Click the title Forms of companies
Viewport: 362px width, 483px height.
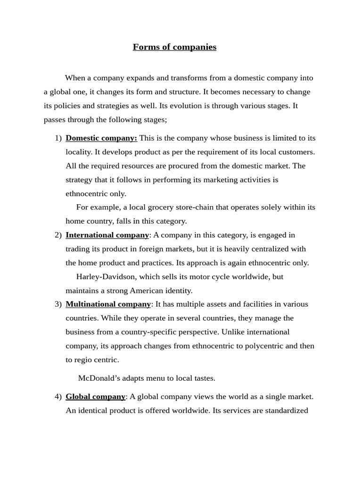click(174, 47)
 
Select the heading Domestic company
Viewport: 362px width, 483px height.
click(101, 138)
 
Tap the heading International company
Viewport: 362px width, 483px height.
click(107, 235)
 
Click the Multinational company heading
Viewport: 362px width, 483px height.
click(108, 304)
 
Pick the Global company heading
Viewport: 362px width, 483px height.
click(95, 397)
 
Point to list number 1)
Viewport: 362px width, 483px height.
click(58, 138)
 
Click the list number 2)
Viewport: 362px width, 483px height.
click(58, 235)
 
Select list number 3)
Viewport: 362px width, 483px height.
click(58, 304)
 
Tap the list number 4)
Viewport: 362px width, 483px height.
click(58, 397)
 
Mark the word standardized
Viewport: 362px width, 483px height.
click(285, 410)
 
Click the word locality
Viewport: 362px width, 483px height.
click(79, 152)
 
